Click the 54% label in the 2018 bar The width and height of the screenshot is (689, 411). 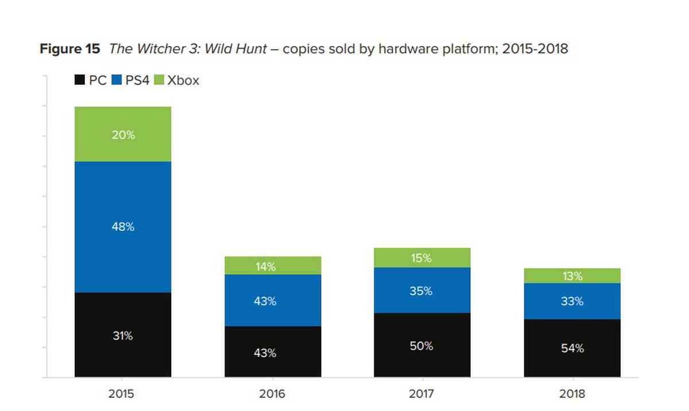(x=572, y=348)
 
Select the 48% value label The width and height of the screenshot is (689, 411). (x=123, y=227)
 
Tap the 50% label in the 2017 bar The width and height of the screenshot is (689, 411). (x=422, y=346)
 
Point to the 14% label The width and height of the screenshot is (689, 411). (x=265, y=266)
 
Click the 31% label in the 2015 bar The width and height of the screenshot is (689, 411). (x=123, y=336)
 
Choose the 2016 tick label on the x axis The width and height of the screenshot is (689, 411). (x=273, y=394)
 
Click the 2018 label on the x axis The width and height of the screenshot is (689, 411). (x=572, y=394)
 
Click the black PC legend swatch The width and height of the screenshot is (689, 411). (x=80, y=80)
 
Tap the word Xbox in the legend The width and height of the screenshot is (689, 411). (x=183, y=80)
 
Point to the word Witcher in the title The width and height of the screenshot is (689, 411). (x=157, y=49)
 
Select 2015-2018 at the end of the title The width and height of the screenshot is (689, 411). (x=535, y=49)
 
